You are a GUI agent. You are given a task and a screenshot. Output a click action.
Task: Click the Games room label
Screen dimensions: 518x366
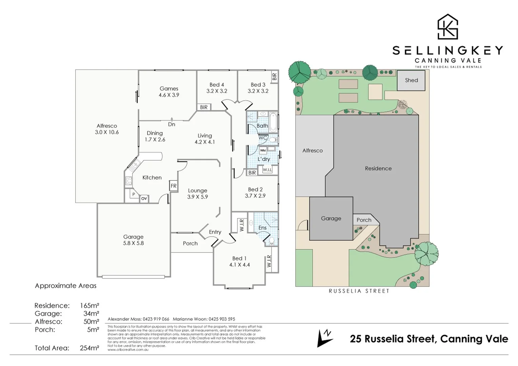coord(169,88)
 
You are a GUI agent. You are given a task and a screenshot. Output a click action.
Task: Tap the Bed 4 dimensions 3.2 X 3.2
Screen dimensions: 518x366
coord(217,91)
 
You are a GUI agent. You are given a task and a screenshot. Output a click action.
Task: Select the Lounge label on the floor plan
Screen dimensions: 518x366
coord(197,190)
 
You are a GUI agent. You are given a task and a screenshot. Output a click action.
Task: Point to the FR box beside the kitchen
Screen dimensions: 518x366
coord(173,186)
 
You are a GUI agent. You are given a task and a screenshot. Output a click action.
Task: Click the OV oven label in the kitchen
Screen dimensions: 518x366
coord(144,199)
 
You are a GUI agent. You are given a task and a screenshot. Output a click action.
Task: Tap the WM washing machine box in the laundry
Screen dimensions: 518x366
coord(263,150)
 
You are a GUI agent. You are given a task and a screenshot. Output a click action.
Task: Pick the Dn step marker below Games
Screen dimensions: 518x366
coord(172,124)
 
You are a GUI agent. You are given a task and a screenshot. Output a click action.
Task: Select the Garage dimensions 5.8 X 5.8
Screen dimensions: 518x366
coord(133,243)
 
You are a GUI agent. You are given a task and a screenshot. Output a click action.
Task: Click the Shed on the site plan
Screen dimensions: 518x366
coord(411,80)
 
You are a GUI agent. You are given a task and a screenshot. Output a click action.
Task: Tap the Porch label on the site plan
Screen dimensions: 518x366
coord(364,220)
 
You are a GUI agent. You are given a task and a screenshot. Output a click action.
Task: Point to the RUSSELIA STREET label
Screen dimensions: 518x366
coord(359,291)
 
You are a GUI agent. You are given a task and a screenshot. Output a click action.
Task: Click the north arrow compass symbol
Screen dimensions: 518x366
coord(324,338)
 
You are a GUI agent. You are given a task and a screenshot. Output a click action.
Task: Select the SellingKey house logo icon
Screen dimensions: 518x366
coord(447,27)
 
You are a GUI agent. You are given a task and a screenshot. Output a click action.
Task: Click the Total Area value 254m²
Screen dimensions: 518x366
coord(89,348)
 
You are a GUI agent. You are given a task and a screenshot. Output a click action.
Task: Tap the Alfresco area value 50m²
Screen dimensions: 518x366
coord(91,322)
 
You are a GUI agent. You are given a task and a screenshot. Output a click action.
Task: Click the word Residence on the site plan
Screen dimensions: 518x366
coord(378,168)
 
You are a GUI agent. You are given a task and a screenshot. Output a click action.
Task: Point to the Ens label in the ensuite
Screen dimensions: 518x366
coord(262,228)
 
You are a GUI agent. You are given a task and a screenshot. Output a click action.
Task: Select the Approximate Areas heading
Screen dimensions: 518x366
coord(65,286)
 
